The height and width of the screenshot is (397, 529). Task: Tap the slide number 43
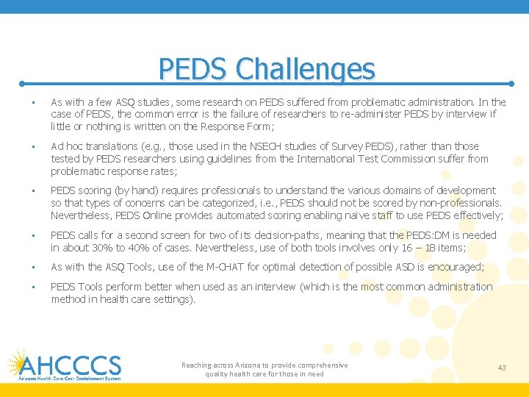click(502, 368)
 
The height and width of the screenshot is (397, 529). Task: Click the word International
click(335, 159)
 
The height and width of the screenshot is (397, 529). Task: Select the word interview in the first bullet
click(467, 114)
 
